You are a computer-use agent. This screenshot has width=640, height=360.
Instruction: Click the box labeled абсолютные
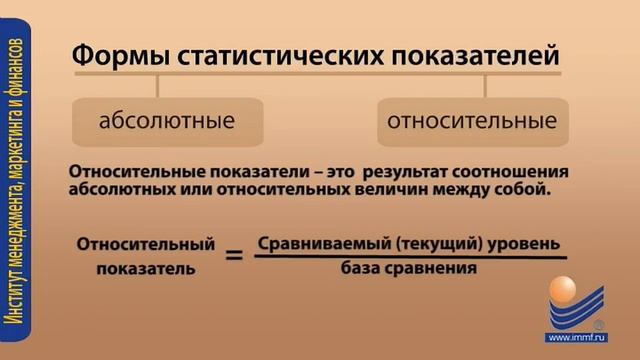point(167,122)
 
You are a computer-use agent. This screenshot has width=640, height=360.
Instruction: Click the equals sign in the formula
point(234,256)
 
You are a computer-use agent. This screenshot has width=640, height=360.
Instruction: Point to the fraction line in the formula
point(410,257)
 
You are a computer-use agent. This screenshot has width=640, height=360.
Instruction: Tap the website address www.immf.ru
point(577,337)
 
